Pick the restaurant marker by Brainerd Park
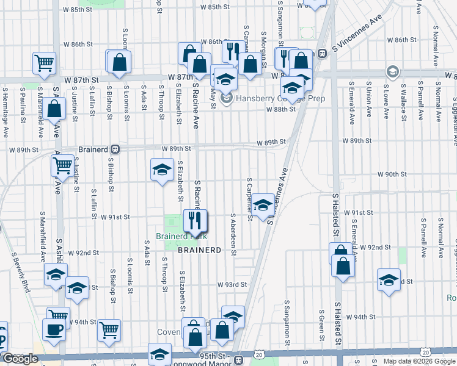tap(196, 221)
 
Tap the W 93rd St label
tap(232, 284)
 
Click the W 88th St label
tap(280, 109)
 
